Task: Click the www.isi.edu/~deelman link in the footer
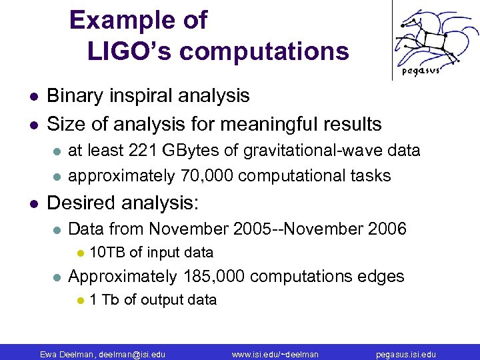[275, 354]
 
